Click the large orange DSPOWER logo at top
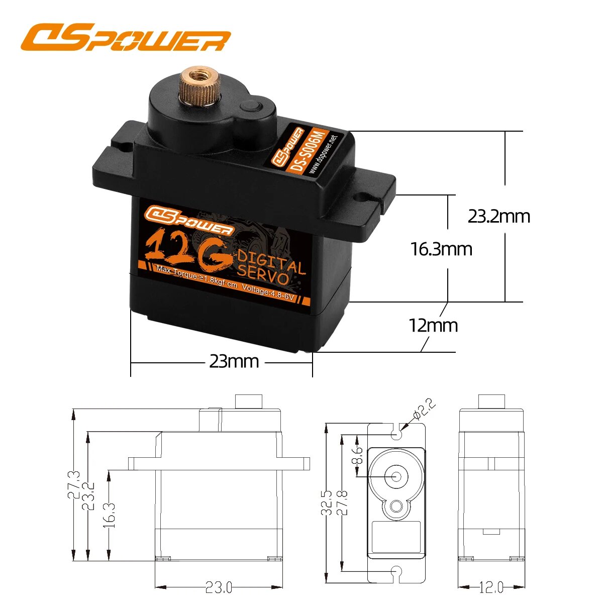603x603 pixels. click(x=126, y=38)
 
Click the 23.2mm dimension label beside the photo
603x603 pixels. click(x=498, y=217)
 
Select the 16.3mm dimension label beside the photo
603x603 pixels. click(x=441, y=249)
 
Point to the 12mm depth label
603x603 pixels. click(x=433, y=326)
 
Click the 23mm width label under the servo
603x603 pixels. click(x=234, y=361)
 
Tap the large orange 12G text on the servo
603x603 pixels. click(x=186, y=249)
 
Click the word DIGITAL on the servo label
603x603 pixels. click(x=271, y=261)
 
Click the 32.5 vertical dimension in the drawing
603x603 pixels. click(x=327, y=502)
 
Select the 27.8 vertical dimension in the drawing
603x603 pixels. click(x=342, y=502)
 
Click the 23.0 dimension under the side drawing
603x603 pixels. click(x=219, y=587)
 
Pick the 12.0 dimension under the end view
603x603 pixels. click(x=491, y=587)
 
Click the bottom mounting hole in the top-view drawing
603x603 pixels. click(x=397, y=572)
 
